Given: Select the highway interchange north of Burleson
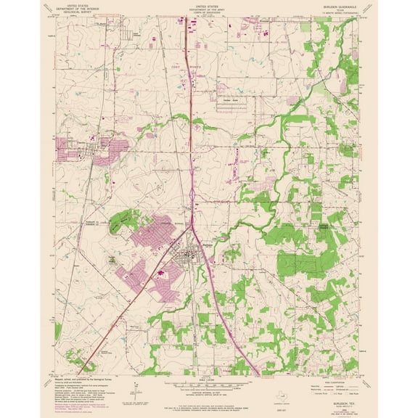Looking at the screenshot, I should pyautogui.click(x=190, y=194).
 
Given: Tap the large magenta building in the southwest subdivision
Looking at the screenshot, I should pyautogui.click(x=159, y=274).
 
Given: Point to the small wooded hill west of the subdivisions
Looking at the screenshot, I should pyautogui.click(x=111, y=260).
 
